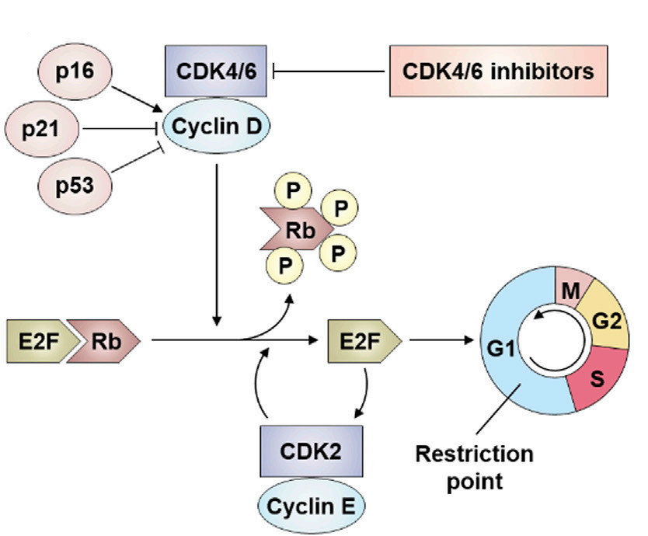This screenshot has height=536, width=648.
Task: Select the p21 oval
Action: point(40,129)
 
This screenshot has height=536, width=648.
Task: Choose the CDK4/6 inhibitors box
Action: point(497,72)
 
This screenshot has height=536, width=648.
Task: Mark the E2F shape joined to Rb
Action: point(42,339)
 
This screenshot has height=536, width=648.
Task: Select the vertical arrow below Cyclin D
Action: point(217,241)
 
